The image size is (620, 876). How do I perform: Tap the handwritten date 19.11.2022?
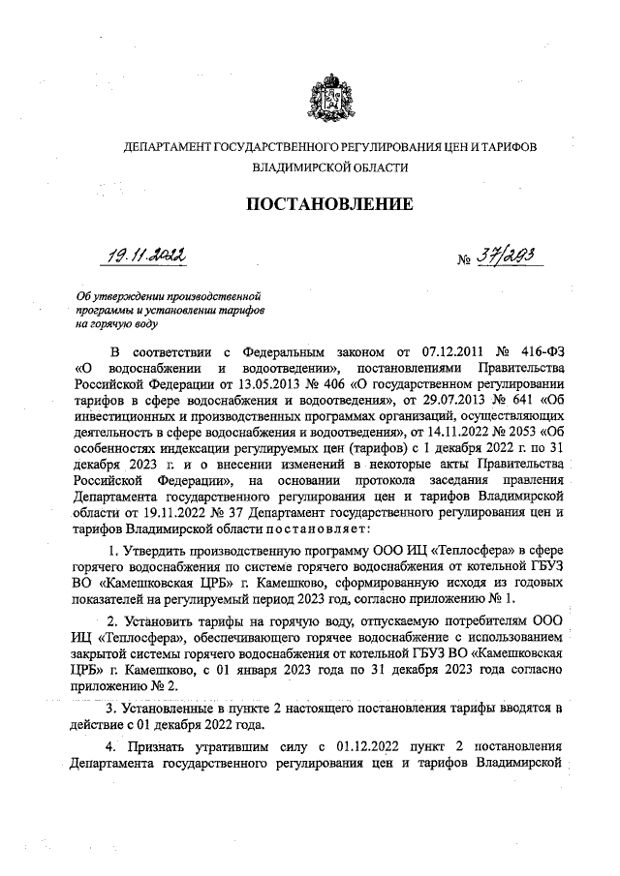(x=146, y=254)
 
